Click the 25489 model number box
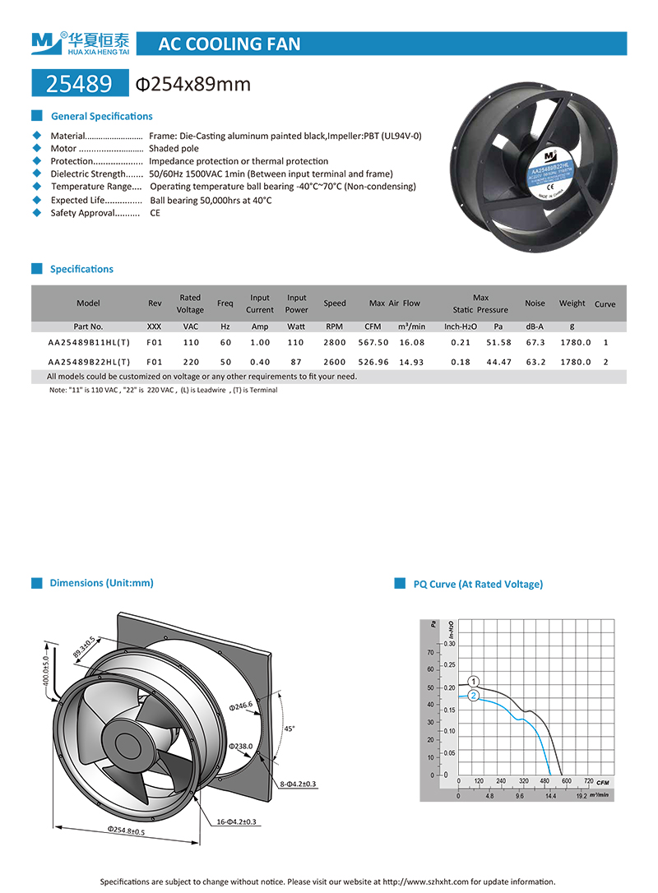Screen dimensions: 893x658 [x=81, y=84]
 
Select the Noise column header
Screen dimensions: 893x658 [x=535, y=303]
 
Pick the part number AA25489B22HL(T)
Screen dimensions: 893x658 [x=89, y=362]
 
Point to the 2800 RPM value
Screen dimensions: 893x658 [x=334, y=342]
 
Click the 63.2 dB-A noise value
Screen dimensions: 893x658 [x=535, y=362]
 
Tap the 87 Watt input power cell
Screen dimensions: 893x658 [x=296, y=362]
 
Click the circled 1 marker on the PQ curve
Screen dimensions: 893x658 [x=474, y=681]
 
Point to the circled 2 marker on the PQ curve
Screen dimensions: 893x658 [x=474, y=696]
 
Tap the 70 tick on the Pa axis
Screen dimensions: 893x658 [x=430, y=652]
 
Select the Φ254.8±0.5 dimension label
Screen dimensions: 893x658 [x=126, y=831]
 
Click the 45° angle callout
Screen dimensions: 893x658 [x=289, y=729]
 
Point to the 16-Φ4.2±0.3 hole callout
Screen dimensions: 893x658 [x=236, y=821]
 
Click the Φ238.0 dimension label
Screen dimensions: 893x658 [x=242, y=747]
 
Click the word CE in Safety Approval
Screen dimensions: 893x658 [x=155, y=213]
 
